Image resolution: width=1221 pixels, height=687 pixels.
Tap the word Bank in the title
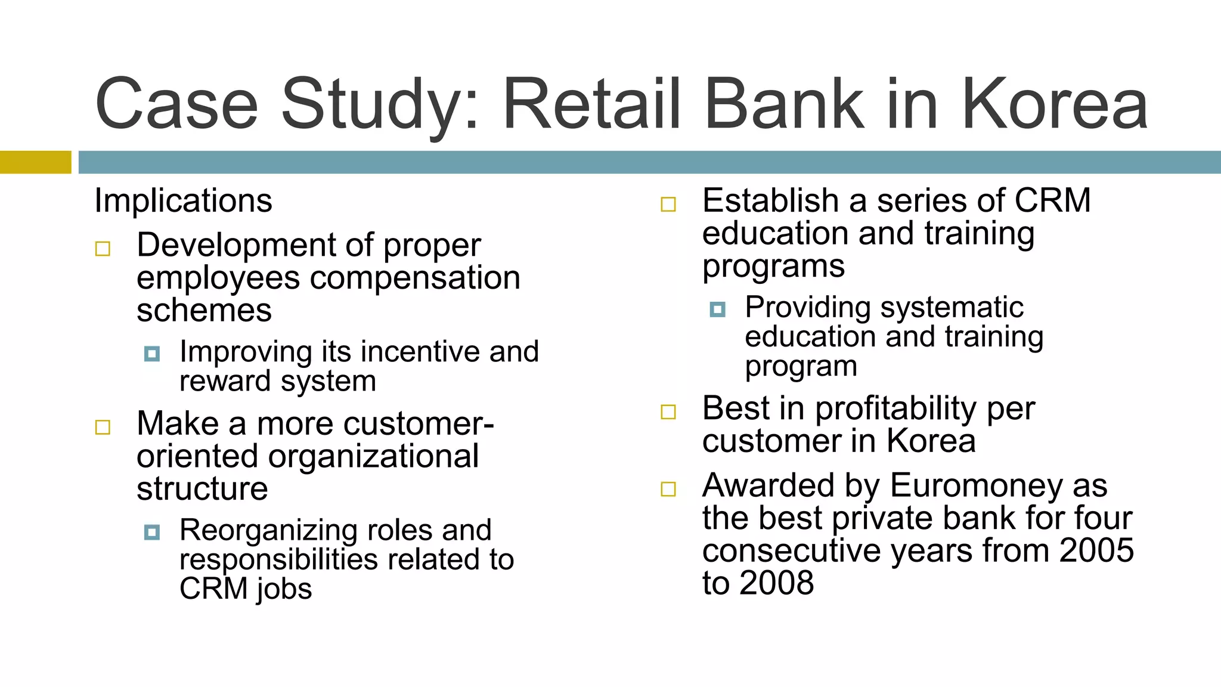pyautogui.click(x=784, y=105)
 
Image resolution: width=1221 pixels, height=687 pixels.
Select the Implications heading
pyautogui.click(x=183, y=201)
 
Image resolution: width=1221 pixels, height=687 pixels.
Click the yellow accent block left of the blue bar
pyautogui.click(x=35, y=162)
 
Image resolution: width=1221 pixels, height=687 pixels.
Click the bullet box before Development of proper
pyautogui.click(x=103, y=249)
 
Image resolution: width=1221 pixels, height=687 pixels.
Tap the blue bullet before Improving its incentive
pyautogui.click(x=152, y=354)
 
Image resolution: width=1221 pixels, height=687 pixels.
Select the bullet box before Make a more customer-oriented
pyautogui.click(x=103, y=427)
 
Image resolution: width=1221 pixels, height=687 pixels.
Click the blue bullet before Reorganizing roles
pyautogui.click(x=152, y=532)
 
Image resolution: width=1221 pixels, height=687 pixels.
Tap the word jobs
pyautogui.click(x=284, y=590)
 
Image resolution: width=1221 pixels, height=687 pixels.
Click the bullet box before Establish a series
pyautogui.click(x=668, y=205)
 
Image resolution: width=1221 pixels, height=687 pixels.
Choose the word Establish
pyautogui.click(x=770, y=201)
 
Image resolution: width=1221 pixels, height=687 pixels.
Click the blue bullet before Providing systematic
pyautogui.click(x=718, y=310)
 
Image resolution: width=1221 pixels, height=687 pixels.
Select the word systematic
pyautogui.click(x=952, y=308)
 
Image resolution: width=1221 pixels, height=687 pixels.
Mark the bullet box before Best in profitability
pyautogui.click(x=668, y=412)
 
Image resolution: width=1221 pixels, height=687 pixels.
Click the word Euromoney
pyautogui.click(x=976, y=485)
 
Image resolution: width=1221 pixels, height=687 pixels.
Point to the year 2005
pyautogui.click(x=1096, y=550)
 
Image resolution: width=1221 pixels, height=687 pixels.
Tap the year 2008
pyautogui.click(x=776, y=583)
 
